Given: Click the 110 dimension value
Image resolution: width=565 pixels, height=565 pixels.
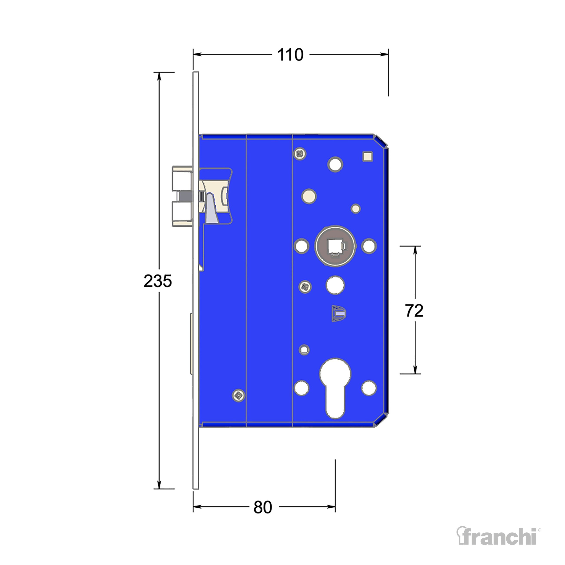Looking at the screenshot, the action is click(x=290, y=55).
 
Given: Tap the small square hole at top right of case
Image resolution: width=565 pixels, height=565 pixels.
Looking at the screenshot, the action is click(x=368, y=156).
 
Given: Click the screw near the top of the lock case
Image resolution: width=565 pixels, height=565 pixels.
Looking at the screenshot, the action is click(x=300, y=154).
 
